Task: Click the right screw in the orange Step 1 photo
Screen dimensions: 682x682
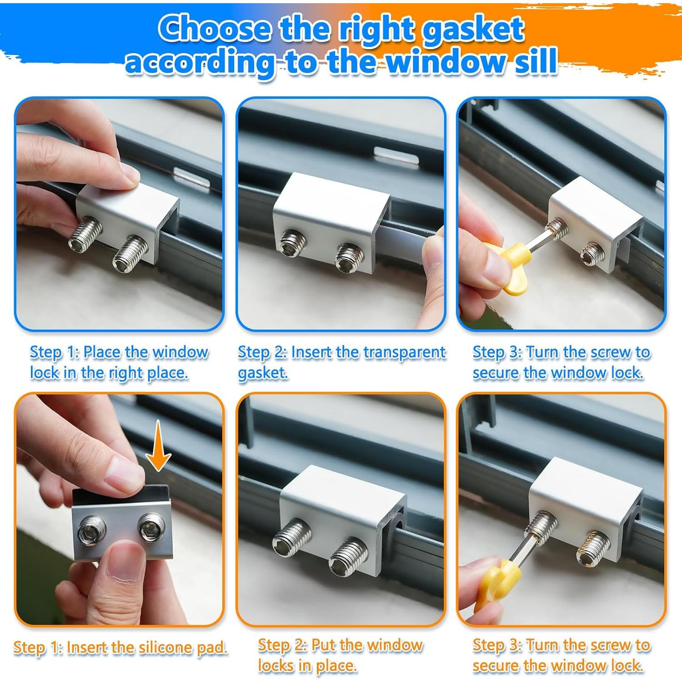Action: click(149, 527)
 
